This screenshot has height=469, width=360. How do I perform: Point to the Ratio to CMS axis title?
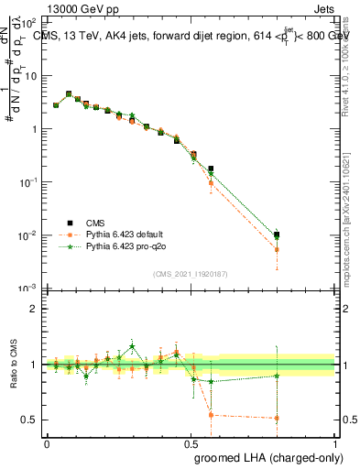click(x=16, y=377)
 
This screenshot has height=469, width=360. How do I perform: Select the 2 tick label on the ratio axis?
click(x=35, y=309)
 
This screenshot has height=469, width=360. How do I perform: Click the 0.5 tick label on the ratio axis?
click(x=31, y=420)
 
